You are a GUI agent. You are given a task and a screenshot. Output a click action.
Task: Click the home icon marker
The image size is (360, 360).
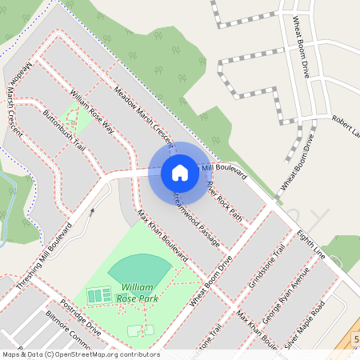180,173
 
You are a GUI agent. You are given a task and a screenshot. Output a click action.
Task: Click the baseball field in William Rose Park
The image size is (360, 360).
139,267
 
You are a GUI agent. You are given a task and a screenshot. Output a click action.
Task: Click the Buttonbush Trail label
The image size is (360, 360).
64,133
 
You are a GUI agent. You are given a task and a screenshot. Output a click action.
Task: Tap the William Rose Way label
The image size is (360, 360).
91,111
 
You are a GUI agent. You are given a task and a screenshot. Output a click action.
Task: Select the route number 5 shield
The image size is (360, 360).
355,339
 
